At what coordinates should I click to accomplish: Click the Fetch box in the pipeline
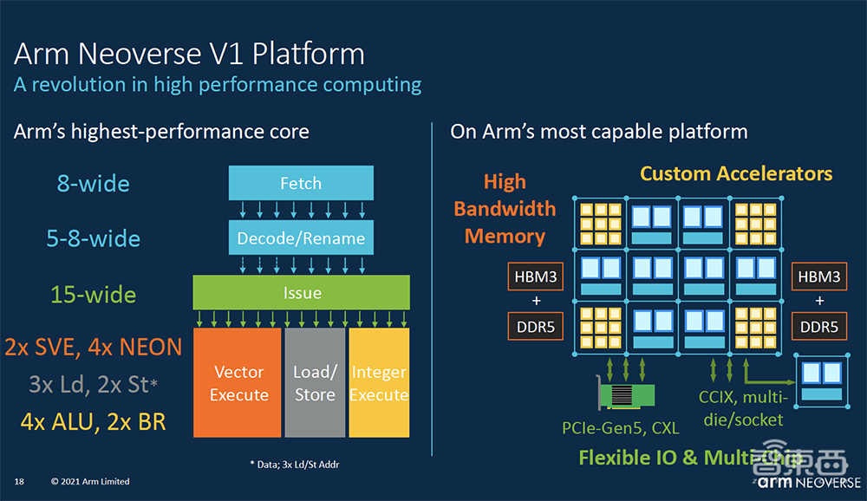pos(301,183)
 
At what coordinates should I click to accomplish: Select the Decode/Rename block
pos(301,237)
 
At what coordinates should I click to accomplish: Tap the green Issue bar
pos(301,293)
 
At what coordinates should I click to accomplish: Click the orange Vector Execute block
pos(238,382)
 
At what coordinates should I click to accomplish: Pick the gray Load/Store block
pos(315,382)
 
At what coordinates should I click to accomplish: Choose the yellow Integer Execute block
pos(379,382)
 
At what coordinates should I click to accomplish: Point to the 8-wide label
pos(94,184)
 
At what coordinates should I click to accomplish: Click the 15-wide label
pos(94,295)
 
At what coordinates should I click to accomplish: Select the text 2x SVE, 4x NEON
pos(94,348)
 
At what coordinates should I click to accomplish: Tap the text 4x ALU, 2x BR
pos(94,422)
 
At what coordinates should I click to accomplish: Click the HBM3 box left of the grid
pos(535,277)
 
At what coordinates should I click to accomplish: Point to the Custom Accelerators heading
pos(736,173)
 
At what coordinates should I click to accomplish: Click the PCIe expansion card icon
pos(629,394)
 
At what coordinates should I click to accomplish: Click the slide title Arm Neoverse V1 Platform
pos(189,54)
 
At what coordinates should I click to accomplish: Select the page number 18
pos(18,481)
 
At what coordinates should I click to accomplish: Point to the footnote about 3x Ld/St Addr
pos(294,465)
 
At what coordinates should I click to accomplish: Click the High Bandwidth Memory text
pos(505,208)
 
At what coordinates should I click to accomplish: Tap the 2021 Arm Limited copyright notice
pos(90,481)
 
